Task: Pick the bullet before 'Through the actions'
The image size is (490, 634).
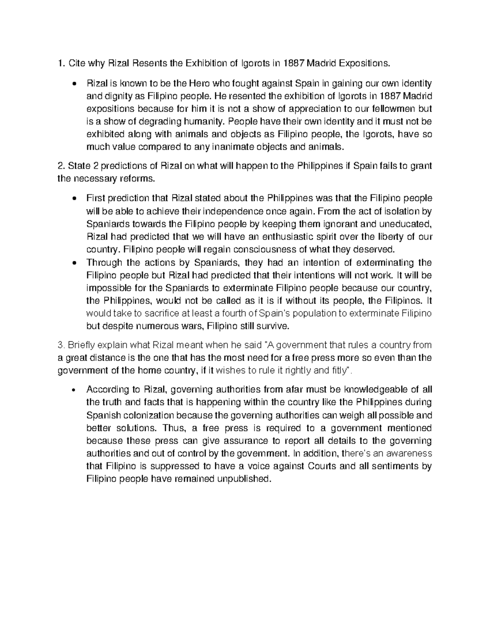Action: (x=73, y=263)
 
